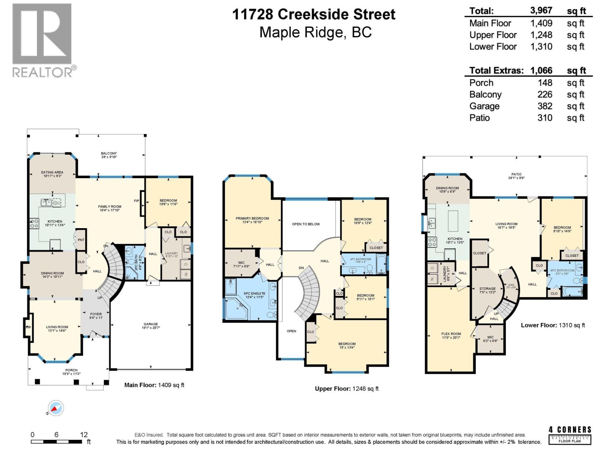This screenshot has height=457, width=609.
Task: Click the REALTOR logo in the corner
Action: point(42,40)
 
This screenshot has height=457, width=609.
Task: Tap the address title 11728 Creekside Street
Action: point(314,14)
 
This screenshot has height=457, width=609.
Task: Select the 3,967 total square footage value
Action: point(541,11)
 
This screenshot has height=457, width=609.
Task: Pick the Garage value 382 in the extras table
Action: point(545,106)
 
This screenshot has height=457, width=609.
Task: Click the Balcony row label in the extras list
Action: point(485,94)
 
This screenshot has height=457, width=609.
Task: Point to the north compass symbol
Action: point(56,409)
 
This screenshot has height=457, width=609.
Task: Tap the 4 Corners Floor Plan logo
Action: point(570,435)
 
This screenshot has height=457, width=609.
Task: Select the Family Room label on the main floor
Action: point(110,207)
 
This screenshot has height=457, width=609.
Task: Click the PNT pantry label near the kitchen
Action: point(81,240)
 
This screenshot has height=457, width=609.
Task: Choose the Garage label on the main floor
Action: point(151,324)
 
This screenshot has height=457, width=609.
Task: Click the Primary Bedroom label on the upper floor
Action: point(252,219)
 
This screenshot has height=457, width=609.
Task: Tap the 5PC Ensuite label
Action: point(254,294)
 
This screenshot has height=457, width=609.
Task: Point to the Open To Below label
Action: point(306,224)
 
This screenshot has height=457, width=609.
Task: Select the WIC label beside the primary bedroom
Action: point(241,263)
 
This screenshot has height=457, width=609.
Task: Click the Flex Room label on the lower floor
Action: point(451,334)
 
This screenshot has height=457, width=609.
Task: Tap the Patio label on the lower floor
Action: point(516,174)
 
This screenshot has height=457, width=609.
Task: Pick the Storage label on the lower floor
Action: point(487,289)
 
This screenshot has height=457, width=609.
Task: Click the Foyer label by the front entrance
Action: point(96,314)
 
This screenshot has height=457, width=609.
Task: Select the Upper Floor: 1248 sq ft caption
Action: point(346,388)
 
